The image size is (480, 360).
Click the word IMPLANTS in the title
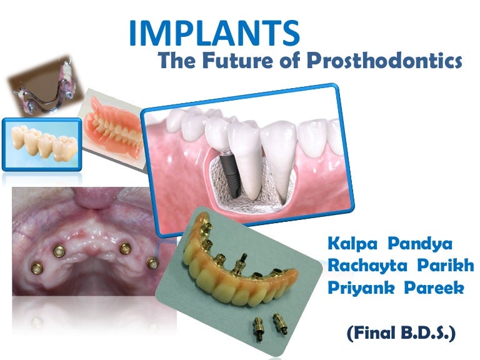point(213,34)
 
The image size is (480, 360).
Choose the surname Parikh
point(447,265)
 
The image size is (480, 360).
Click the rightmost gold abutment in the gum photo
point(151,263)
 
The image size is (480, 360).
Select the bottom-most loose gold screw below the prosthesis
point(257,327)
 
